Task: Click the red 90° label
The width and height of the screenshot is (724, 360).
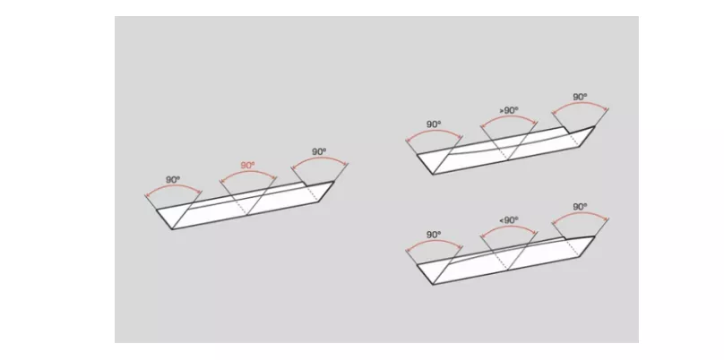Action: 247,166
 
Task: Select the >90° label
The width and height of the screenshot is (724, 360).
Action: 509,110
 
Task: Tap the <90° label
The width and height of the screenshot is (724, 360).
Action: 509,220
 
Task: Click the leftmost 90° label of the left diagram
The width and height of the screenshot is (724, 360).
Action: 173,180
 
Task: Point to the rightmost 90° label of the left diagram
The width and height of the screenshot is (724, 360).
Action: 319,151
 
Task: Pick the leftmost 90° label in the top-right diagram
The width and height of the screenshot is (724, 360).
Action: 434,124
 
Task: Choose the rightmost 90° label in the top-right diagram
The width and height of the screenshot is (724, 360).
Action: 580,97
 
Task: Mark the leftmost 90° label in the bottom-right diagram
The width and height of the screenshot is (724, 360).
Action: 434,235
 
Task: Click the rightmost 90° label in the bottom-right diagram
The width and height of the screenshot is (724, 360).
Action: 580,207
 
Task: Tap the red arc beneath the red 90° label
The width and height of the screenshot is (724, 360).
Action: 248,172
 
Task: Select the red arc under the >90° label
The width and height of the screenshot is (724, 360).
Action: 509,116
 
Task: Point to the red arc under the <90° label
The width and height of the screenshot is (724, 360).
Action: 509,227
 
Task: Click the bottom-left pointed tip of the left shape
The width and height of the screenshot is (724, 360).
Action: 172,229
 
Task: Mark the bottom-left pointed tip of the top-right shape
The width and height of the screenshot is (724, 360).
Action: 433,175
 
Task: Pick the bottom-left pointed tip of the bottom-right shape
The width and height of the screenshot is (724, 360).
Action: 433,284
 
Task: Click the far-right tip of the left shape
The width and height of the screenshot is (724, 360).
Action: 334,181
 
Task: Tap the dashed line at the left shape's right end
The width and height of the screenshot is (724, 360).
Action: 312,193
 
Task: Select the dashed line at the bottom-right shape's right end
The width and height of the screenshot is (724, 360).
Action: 572,248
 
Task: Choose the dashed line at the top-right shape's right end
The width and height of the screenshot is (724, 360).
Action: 572,138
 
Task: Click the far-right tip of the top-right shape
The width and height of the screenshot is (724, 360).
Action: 595,126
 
